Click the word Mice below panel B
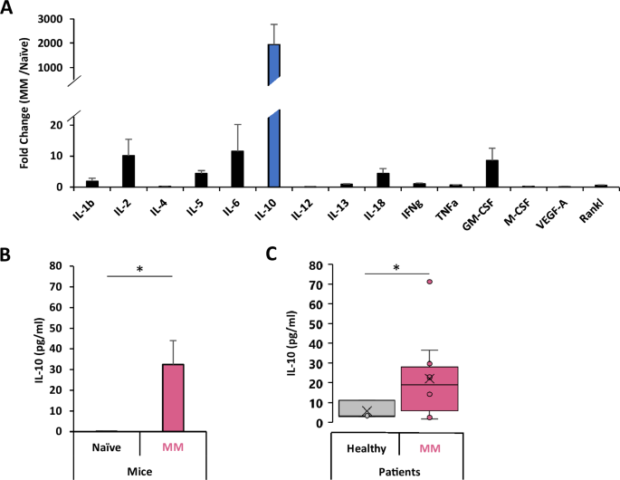[139, 470]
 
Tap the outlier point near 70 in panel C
[430, 282]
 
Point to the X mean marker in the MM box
[430, 378]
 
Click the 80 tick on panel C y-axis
[314, 265]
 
